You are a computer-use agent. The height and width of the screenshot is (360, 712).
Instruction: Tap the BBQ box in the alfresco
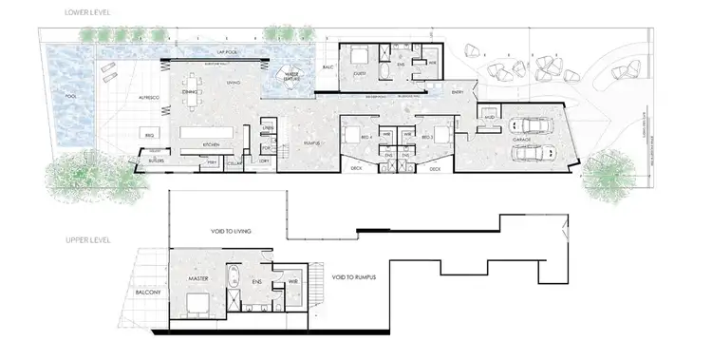pyautogui.click(x=149, y=136)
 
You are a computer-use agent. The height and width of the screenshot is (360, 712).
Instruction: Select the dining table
pyautogui.click(x=197, y=83)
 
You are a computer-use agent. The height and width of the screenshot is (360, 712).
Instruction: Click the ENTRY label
pyautogui.click(x=459, y=91)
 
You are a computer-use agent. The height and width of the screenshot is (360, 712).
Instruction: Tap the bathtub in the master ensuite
pyautogui.click(x=236, y=280)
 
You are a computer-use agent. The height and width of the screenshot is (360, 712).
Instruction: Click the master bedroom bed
pyautogui.click(x=198, y=306)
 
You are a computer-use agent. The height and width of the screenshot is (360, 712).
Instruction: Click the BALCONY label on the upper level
pyautogui.click(x=145, y=294)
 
